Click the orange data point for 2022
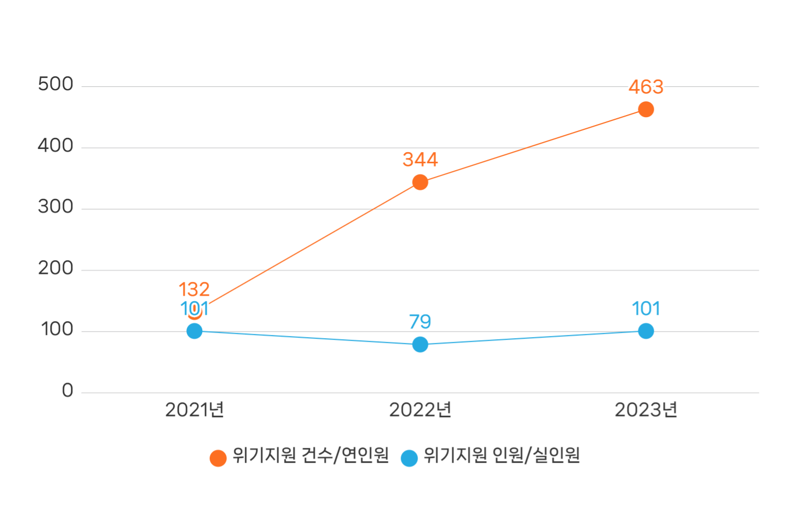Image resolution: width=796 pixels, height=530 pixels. (420, 182)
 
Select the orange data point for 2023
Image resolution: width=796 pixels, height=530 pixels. (646, 110)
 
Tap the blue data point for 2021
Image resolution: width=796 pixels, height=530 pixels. (195, 331)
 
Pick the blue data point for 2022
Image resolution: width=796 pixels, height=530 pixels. (420, 344)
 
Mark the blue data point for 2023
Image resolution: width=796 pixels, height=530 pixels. (646, 331)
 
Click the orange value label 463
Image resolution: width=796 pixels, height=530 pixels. (646, 87)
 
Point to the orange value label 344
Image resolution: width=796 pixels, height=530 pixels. (420, 160)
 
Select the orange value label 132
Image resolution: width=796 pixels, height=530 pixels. (194, 289)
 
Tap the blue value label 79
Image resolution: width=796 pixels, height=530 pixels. (420, 322)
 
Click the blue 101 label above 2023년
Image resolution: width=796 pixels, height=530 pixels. (646, 308)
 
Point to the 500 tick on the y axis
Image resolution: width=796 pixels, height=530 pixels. (56, 84)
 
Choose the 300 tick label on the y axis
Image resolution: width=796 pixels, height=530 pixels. (56, 207)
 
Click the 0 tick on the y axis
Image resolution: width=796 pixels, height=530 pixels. (67, 391)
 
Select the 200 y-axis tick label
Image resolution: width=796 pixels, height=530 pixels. (56, 268)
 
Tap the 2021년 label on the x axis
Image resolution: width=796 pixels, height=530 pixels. (195, 410)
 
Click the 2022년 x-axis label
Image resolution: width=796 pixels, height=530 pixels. (420, 410)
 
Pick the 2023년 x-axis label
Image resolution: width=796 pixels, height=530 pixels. (646, 410)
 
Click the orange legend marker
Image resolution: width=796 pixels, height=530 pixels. (218, 458)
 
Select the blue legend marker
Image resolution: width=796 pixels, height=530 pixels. (409, 458)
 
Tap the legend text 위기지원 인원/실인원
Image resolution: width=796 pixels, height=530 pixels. (501, 455)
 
